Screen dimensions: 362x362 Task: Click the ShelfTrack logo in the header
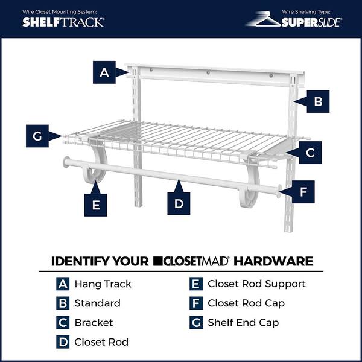(63, 22)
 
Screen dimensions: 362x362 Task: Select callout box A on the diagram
(104, 72)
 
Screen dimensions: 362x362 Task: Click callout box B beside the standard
(317, 101)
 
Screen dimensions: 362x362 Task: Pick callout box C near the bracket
(310, 153)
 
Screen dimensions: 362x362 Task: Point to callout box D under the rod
(179, 203)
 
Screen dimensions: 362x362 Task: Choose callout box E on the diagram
(95, 205)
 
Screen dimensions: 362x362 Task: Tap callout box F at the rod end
(303, 192)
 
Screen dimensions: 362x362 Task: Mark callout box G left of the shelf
(37, 136)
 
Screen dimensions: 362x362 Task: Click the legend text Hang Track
(103, 284)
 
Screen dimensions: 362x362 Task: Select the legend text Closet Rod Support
(256, 284)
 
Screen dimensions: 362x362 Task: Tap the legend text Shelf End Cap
(243, 322)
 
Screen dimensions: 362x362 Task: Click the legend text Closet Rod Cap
(246, 303)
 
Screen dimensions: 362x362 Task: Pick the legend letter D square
(63, 341)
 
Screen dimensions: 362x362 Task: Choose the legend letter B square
(63, 303)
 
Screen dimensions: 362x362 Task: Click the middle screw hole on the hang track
(209, 73)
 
